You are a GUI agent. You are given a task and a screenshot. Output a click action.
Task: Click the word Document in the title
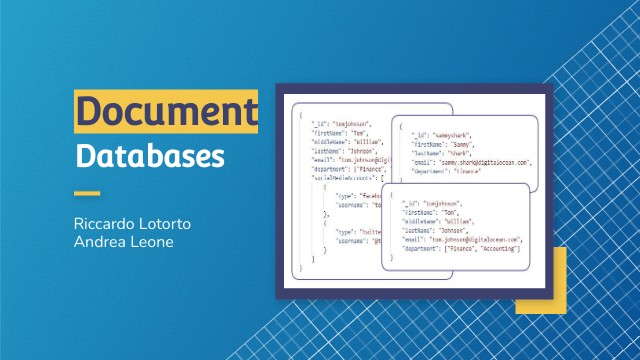(166, 111)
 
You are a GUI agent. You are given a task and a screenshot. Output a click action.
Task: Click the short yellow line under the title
(88, 193)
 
